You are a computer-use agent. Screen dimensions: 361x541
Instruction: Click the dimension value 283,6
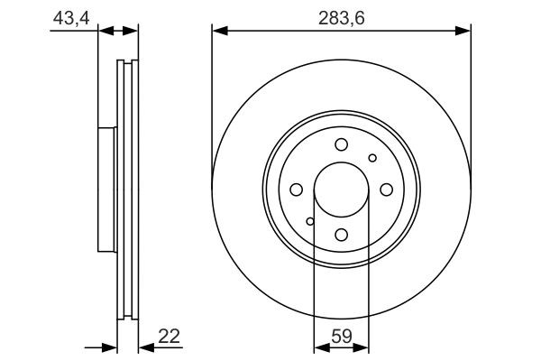(342, 15)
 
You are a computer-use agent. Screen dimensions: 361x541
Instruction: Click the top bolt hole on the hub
(341, 145)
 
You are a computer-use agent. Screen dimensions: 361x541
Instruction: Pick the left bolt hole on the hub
(296, 190)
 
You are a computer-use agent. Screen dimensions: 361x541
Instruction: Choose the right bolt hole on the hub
(386, 190)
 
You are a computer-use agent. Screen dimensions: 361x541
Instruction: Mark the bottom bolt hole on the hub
(341, 235)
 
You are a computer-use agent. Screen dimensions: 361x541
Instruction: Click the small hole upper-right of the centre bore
(372, 158)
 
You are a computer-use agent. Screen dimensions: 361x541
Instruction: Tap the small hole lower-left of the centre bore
(309, 221)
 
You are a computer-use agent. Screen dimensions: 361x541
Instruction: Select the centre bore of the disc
(341, 190)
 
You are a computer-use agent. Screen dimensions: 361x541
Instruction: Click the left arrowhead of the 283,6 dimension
(219, 31)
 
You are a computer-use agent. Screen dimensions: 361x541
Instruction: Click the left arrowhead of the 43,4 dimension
(104, 31)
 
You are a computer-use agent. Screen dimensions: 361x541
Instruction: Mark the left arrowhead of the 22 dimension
(111, 347)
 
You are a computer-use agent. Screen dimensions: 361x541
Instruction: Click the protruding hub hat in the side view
(107, 190)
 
